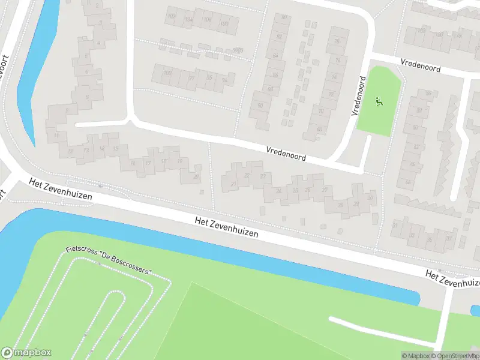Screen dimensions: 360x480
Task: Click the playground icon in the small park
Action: coord(379,101)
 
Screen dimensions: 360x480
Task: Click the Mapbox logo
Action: coord(26,353)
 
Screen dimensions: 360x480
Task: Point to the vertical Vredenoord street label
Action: coord(359,96)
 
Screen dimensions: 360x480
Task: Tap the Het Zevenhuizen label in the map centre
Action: coord(227,228)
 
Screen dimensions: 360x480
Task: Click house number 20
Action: coord(196,176)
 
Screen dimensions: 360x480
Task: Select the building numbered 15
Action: coord(116,149)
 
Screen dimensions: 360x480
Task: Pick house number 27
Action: coord(325,190)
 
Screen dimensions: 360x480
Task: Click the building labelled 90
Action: coord(260,106)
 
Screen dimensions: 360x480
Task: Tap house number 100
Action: coord(167,73)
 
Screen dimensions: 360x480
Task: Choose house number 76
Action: coord(337,41)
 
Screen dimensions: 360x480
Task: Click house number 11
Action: coord(56,136)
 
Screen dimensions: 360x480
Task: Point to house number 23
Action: coord(263,176)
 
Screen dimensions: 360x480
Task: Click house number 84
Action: coord(275,56)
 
